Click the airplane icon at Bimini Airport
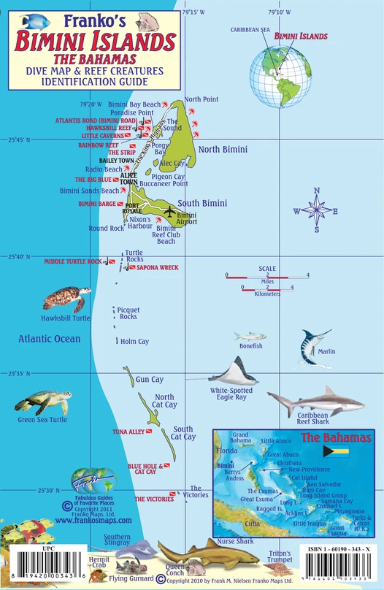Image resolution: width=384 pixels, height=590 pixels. (170, 212)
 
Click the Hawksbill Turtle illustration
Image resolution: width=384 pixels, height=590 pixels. (66, 299)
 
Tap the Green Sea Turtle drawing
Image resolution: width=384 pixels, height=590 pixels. (44, 402)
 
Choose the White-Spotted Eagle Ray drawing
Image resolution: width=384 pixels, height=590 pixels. (236, 372)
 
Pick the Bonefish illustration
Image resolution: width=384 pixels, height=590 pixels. (250, 337)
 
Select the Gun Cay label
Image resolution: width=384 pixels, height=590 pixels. (150, 380)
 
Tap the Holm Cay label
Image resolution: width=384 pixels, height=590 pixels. (134, 342)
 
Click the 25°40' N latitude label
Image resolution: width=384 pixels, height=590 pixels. (18, 256)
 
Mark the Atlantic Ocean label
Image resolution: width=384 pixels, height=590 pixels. (50, 339)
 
